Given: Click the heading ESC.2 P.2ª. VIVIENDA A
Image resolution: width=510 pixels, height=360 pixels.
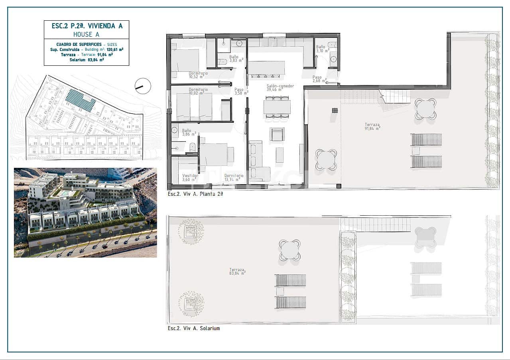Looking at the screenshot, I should click(87, 26).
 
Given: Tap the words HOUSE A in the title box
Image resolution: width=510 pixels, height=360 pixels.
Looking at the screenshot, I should click(87, 35).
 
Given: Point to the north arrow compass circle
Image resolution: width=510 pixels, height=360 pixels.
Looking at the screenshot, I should click(143, 86).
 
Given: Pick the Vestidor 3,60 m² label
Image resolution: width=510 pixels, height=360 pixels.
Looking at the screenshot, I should click(190, 177).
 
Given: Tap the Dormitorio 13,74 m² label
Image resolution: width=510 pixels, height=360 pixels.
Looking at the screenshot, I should click(234, 177).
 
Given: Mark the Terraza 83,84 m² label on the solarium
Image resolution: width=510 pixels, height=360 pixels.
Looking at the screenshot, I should click(237, 271).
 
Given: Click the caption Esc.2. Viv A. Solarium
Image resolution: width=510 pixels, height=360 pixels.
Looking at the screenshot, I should click(193, 329).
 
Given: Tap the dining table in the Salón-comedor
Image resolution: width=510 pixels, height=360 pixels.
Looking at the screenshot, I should click(277, 107).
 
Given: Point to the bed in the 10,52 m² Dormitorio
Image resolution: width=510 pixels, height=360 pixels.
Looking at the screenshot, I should click(185, 60).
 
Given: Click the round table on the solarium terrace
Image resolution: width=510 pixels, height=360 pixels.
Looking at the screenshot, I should click(290, 250).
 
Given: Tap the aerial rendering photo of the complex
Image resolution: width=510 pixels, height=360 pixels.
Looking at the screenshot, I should click(85, 212).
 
